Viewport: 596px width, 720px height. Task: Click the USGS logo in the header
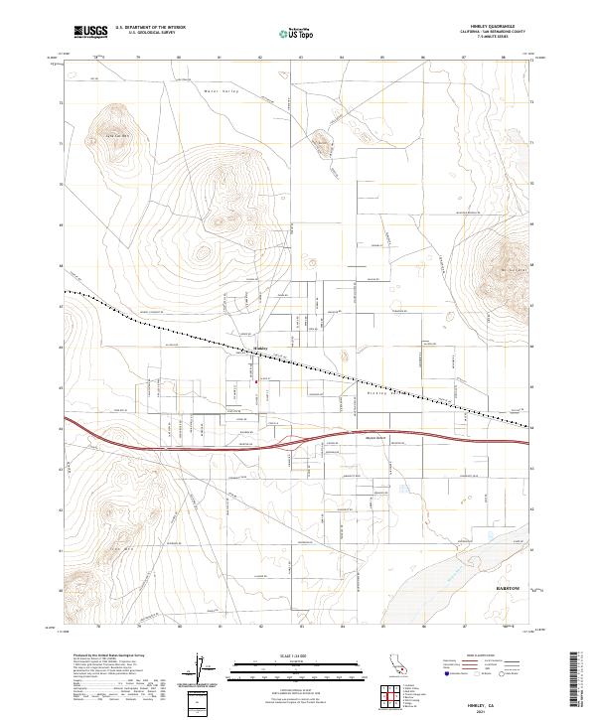(91, 32)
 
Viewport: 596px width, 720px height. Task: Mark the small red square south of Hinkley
(259, 378)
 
